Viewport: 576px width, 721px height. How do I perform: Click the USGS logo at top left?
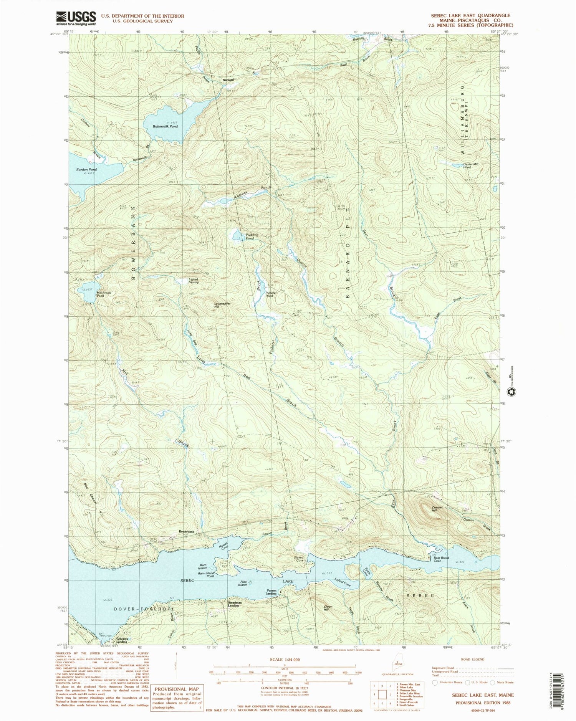tap(76, 18)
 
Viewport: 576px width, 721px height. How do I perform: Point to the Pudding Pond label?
tap(250, 236)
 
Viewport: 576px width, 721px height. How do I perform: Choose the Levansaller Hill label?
tap(222, 305)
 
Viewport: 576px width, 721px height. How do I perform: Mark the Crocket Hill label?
tap(437, 509)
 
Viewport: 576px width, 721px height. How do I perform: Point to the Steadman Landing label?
tap(235, 604)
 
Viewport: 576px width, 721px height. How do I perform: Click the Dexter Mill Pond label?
tap(470, 165)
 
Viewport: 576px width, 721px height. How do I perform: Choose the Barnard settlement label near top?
tap(229, 80)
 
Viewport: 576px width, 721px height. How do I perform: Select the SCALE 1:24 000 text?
tap(285, 660)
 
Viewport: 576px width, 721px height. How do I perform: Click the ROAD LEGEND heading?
tap(473, 659)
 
